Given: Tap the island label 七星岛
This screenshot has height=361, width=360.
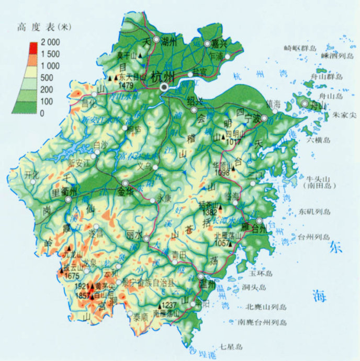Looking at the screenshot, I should [x=232, y=346].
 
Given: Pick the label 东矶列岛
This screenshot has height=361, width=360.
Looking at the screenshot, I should [x=315, y=211].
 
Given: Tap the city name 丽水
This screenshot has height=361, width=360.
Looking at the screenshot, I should [x=135, y=235].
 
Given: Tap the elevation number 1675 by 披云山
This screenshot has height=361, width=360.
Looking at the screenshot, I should [x=71, y=276].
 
